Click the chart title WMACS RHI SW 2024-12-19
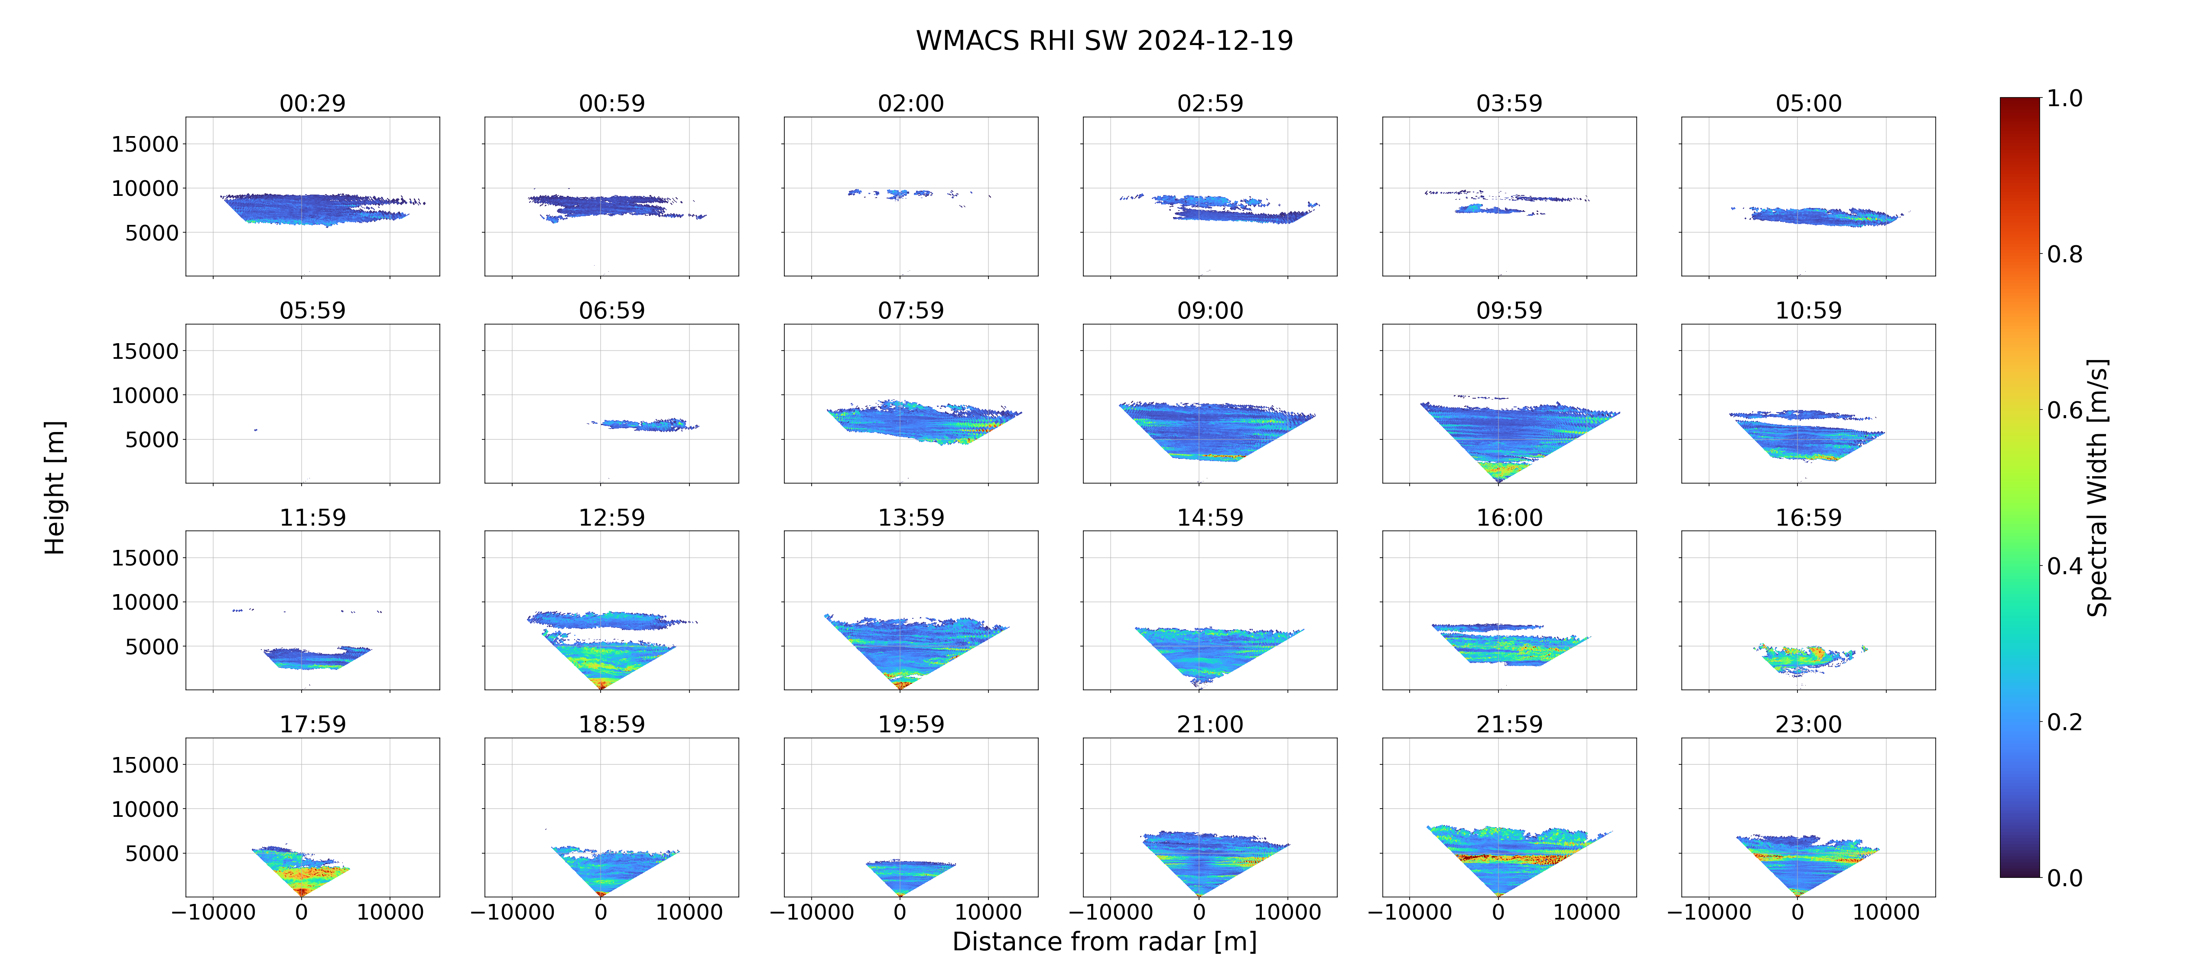tap(1104, 40)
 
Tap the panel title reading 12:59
tap(612, 517)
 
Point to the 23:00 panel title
tap(1808, 725)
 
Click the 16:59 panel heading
tap(1808, 517)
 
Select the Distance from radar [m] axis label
tap(1104, 942)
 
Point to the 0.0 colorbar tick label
tap(2064, 878)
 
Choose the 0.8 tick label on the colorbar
tap(2064, 254)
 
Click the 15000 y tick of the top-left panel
tap(145, 144)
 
